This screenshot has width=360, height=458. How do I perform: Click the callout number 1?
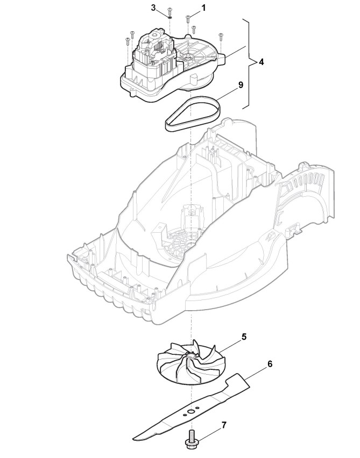pyautogui.click(x=204, y=9)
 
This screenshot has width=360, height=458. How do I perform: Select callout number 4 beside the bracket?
pyautogui.click(x=261, y=62)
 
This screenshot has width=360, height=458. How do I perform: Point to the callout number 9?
pyautogui.click(x=241, y=85)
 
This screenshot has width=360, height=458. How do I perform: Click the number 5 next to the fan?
pyautogui.click(x=244, y=337)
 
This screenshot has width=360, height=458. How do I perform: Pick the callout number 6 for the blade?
pyautogui.click(x=270, y=364)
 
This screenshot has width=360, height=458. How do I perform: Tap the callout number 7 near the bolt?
pyautogui.click(x=224, y=425)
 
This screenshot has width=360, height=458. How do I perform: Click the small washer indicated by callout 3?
pyautogui.click(x=168, y=16)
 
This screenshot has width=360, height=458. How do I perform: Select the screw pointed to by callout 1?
pyautogui.click(x=188, y=19)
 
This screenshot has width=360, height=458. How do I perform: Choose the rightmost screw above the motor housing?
pyautogui.click(x=221, y=37)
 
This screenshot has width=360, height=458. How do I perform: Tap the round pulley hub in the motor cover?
pyautogui.click(x=190, y=55)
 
